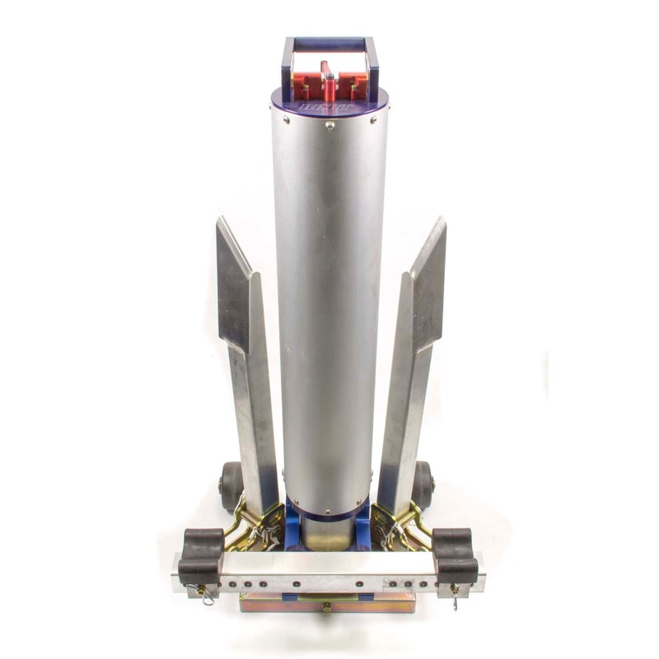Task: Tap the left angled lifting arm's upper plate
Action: [234, 284]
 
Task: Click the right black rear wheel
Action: [423, 483]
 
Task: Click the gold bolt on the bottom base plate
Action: [327, 606]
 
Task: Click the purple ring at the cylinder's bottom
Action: [329, 518]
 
